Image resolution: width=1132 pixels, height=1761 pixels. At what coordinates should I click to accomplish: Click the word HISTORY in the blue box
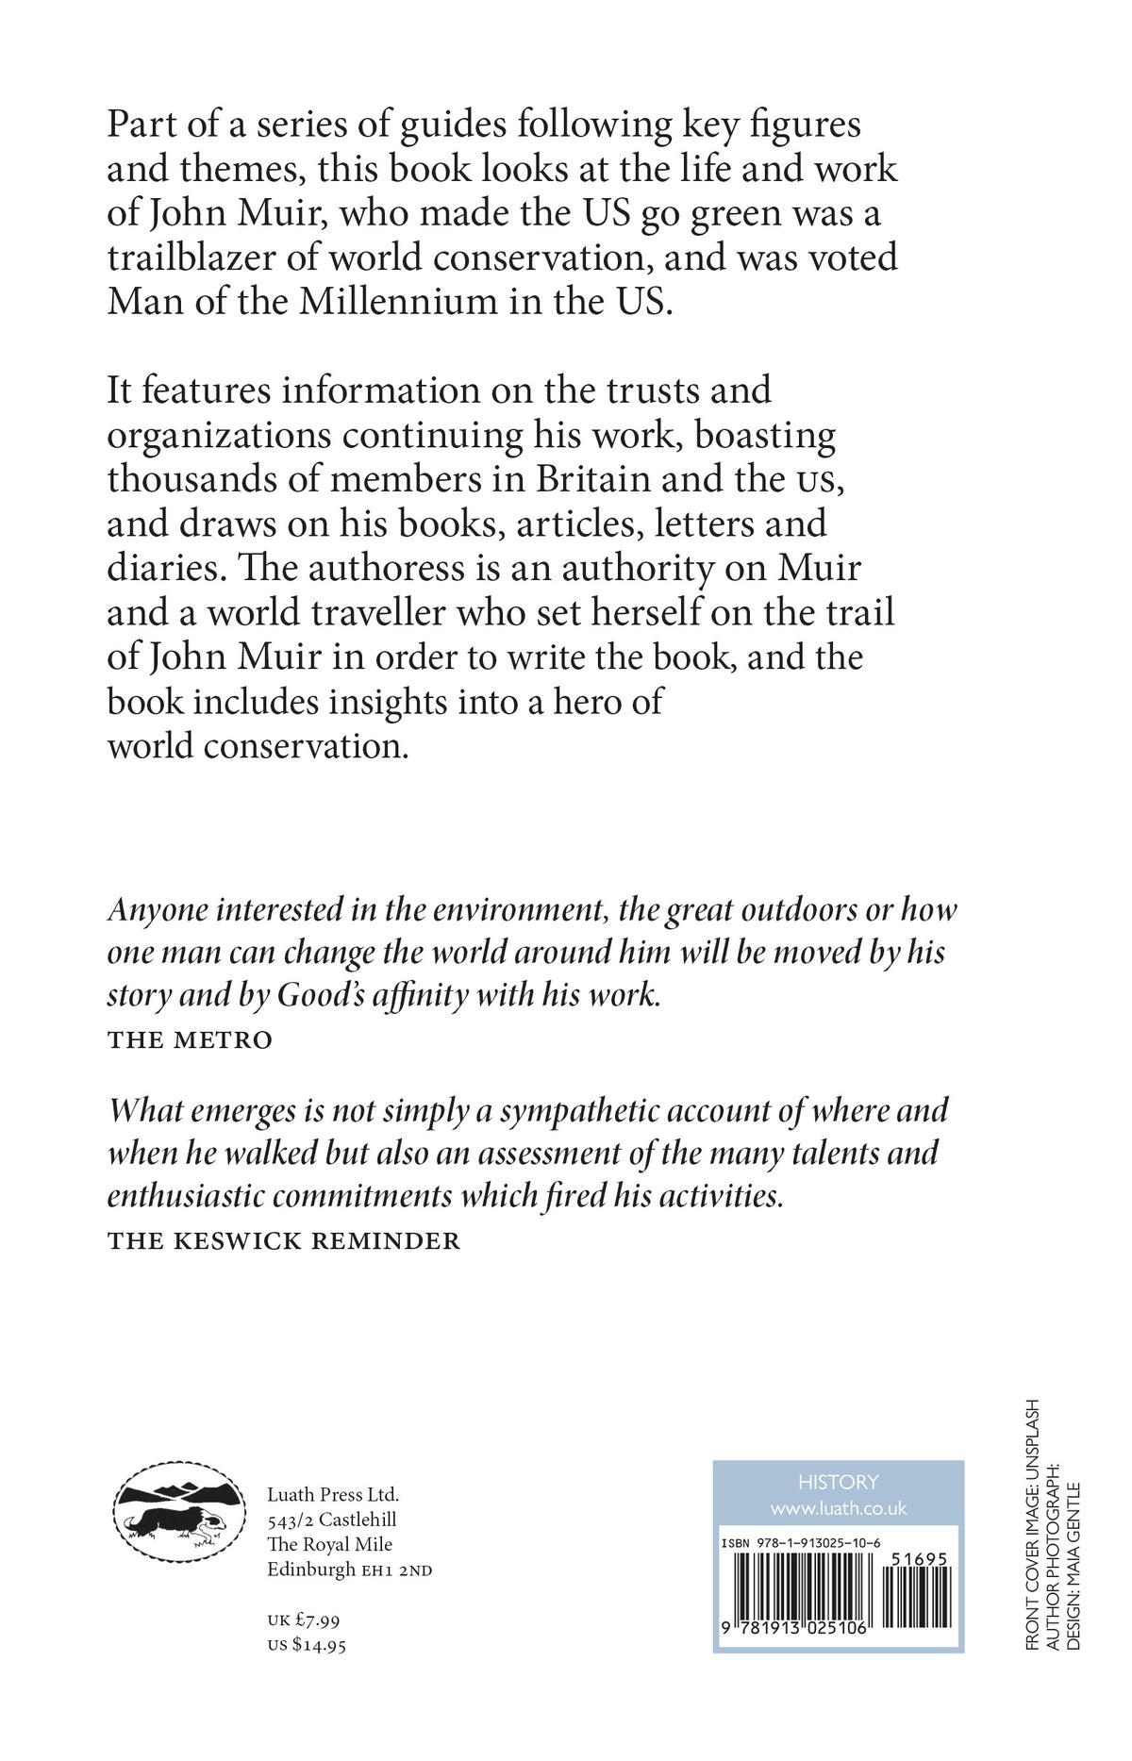838,1482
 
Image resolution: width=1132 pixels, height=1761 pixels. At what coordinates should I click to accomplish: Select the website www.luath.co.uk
838,1509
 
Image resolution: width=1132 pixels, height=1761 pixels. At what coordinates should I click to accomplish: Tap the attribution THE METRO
190,1040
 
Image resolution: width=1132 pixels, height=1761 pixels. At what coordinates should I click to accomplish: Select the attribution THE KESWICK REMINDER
284,1240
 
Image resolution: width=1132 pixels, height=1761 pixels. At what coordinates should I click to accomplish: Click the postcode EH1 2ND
397,1571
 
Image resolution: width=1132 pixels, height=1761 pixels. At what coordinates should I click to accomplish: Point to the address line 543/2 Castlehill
331,1520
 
